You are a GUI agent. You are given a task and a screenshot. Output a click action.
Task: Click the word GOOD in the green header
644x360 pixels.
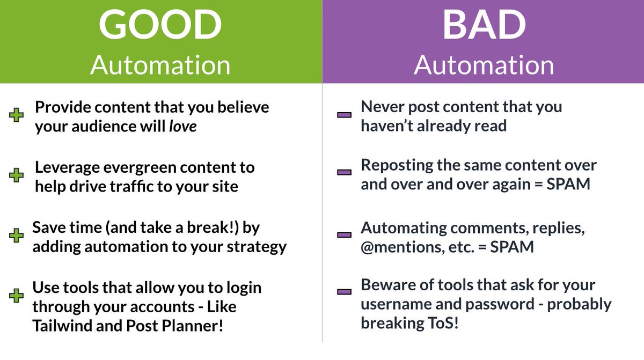[x=160, y=27]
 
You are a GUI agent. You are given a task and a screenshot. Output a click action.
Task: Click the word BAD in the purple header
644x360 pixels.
[x=484, y=27]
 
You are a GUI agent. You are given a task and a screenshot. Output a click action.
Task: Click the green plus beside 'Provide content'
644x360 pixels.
[x=17, y=115]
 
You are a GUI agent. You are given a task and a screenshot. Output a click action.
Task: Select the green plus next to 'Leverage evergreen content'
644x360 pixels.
[x=17, y=175]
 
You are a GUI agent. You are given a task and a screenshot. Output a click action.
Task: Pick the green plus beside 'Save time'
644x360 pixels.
[x=17, y=236]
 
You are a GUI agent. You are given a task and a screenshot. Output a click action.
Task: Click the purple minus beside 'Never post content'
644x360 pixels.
[x=344, y=115]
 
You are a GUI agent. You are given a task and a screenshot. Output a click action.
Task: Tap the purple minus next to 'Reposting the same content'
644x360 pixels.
[x=344, y=173]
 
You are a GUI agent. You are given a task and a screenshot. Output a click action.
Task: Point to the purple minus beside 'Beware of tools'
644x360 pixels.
[x=344, y=292]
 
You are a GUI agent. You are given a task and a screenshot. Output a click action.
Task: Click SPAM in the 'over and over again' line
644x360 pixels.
[x=569, y=185]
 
